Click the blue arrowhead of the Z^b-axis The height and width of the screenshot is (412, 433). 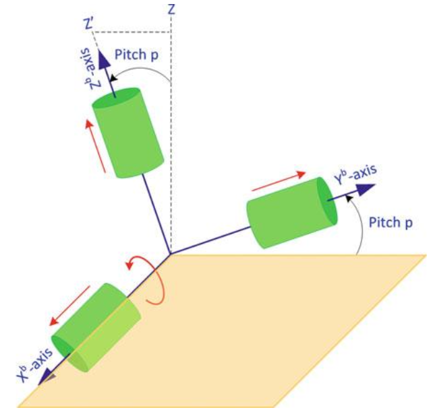(105, 62)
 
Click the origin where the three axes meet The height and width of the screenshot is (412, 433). (170, 254)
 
